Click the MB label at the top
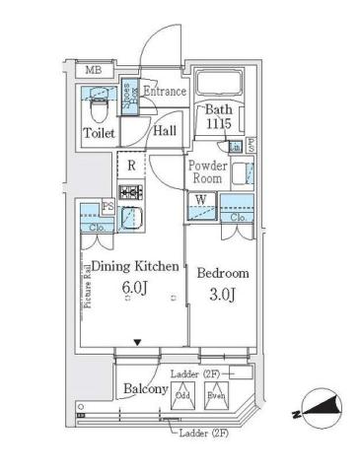click(92, 70)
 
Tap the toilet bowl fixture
click(97, 99)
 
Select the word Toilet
click(99, 133)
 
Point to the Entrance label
click(165, 92)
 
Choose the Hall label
click(164, 131)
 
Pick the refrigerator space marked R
click(131, 165)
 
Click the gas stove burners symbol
click(130, 191)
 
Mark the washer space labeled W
click(201, 201)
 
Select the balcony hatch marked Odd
click(181, 396)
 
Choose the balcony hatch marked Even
click(216, 396)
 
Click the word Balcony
click(144, 390)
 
